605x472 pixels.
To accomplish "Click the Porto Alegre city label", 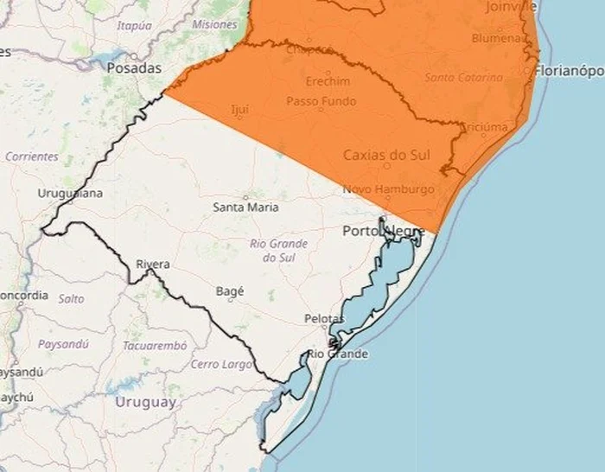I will (x=383, y=231).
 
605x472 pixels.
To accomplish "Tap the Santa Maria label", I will (x=245, y=207).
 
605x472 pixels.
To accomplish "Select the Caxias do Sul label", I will (x=387, y=156).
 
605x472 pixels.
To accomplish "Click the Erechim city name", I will (x=328, y=81).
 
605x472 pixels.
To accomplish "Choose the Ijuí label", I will (x=239, y=110).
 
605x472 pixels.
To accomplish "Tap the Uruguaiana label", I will (x=70, y=193).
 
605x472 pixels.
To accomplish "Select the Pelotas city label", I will (x=324, y=319).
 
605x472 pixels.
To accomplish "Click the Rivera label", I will (x=152, y=264).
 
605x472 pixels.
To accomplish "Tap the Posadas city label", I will (x=134, y=67).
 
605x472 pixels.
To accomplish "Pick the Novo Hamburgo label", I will (x=388, y=189).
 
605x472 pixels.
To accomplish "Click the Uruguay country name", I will (x=145, y=402).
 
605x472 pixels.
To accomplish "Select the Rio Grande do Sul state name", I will (x=279, y=251).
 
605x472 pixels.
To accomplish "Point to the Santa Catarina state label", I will (x=463, y=78).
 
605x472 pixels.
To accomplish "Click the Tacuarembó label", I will (x=154, y=345).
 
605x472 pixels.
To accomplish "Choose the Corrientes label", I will (x=32, y=157).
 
